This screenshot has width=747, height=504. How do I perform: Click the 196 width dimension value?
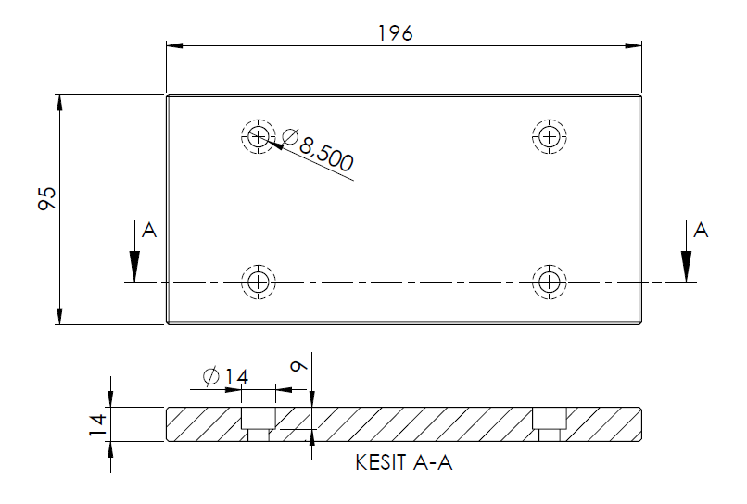(396, 32)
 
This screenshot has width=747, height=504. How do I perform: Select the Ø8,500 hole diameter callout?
(318, 150)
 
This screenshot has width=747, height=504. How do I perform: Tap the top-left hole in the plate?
(257, 137)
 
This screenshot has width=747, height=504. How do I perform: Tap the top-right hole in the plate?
(550, 137)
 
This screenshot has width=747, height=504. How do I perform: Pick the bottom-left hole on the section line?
(258, 281)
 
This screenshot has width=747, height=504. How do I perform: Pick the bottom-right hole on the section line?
(550, 281)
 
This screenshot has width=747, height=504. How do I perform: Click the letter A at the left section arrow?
(147, 231)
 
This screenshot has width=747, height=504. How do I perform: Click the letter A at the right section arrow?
(701, 230)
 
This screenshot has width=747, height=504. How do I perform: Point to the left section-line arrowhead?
(134, 270)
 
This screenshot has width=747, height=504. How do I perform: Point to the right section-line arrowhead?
(685, 270)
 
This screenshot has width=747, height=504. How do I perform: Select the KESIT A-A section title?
(403, 462)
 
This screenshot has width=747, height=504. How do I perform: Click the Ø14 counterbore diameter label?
(225, 376)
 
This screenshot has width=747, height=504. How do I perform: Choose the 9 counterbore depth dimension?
(298, 367)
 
